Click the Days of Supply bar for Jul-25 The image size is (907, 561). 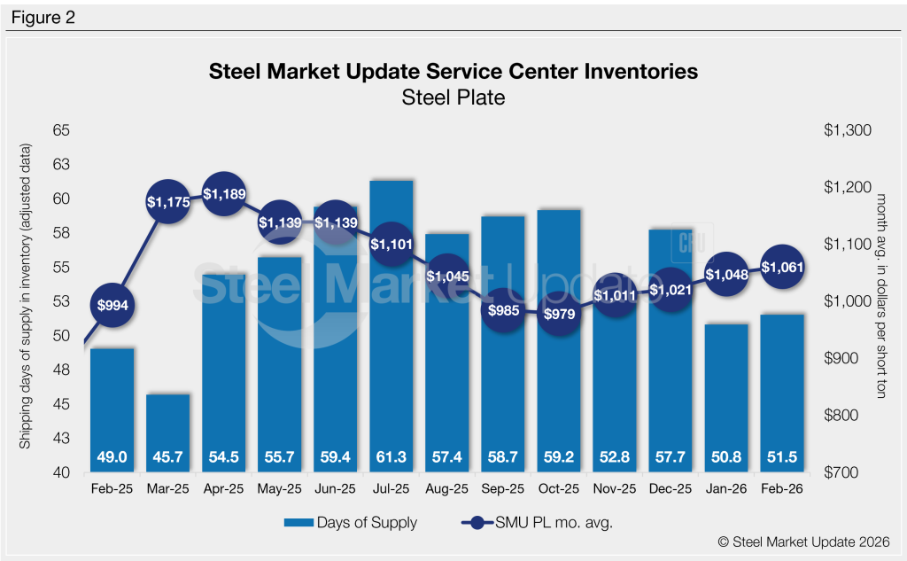[392, 337]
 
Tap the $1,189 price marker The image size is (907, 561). [224, 193]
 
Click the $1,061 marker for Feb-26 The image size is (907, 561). [783, 266]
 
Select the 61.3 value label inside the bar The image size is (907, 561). [392, 456]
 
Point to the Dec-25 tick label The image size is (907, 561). [672, 487]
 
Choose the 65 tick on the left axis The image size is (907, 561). [64, 130]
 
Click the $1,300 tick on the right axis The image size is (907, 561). [848, 130]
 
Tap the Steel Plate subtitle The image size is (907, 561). [453, 97]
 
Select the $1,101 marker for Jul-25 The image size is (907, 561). [392, 244]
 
